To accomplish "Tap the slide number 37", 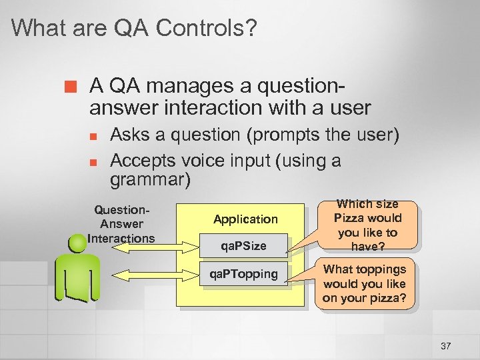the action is click(x=445, y=345).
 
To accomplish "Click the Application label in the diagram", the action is click(x=245, y=219).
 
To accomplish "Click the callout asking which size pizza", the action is click(x=367, y=225).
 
